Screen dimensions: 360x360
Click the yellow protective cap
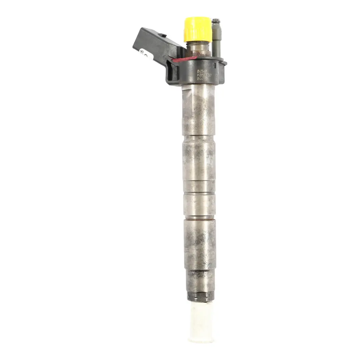click(198, 29)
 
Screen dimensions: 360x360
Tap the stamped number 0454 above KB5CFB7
click(202, 71)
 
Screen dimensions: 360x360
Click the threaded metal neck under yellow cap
click(198, 49)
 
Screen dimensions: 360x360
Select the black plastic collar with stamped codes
click(203, 72)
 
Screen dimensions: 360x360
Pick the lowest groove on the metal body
click(200, 217)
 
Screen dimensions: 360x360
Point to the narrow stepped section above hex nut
click(200, 280)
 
